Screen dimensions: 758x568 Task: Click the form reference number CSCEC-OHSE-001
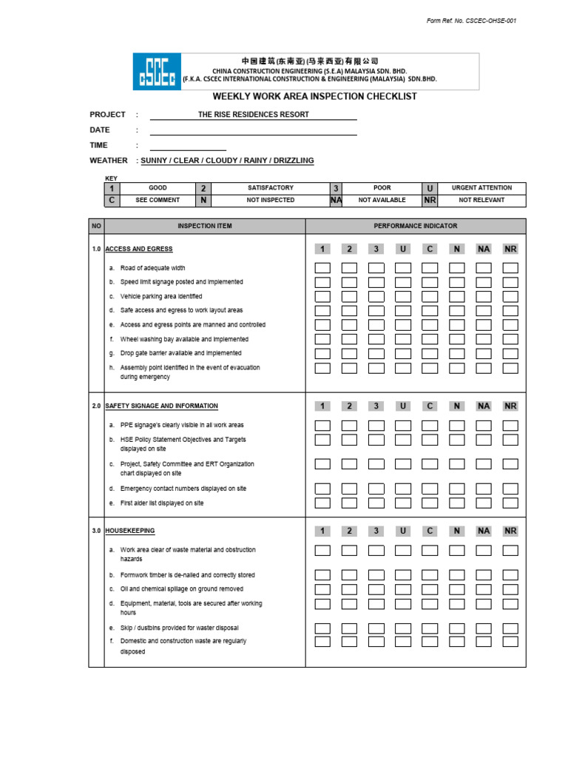(471, 21)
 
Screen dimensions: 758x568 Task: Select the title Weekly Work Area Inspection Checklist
(315, 96)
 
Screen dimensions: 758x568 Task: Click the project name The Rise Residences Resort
(253, 115)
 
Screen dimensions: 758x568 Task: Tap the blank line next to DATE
(253, 130)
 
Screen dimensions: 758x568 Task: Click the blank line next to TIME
(188, 146)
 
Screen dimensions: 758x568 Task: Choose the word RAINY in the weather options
(256, 161)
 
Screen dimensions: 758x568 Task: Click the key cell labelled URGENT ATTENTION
(481, 188)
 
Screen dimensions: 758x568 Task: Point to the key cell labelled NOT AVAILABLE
(382, 200)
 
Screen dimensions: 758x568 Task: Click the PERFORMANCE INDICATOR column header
(415, 226)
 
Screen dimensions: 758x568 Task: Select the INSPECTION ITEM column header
(204, 226)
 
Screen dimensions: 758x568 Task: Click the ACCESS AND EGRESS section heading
(139, 249)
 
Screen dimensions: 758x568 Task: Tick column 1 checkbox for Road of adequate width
(322, 268)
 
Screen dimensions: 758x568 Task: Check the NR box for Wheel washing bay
(510, 339)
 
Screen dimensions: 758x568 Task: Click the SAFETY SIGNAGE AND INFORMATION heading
(161, 406)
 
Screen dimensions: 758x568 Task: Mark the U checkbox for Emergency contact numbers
(403, 489)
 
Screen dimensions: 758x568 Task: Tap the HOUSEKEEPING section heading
(130, 531)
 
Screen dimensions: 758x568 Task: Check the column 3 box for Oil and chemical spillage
(376, 589)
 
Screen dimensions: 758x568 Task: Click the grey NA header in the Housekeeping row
(484, 531)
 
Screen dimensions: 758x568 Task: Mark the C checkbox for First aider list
(430, 503)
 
